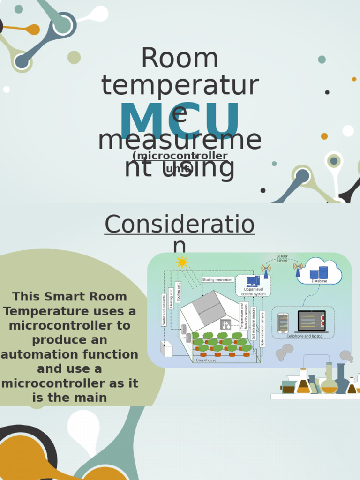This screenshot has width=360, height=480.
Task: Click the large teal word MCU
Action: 180,121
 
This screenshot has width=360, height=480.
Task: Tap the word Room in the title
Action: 180,59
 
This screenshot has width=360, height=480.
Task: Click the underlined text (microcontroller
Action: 180,156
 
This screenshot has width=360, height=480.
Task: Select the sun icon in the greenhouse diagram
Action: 182,262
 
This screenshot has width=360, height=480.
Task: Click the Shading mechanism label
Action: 217,280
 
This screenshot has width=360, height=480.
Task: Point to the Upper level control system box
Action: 253,286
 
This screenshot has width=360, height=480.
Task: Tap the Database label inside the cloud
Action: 319,281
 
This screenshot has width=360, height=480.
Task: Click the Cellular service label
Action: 282,258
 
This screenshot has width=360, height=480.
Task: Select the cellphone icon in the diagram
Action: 283,323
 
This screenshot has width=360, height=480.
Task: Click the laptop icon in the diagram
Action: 311,322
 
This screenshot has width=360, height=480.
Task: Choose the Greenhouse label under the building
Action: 206,360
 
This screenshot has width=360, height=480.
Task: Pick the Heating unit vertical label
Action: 172,298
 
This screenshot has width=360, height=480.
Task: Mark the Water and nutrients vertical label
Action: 164,310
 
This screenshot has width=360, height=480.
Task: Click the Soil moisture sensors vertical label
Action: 253,323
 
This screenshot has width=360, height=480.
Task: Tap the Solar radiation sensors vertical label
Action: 262,329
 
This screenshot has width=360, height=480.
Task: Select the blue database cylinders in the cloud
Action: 319,272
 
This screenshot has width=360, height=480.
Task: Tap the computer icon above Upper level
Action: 253,281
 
